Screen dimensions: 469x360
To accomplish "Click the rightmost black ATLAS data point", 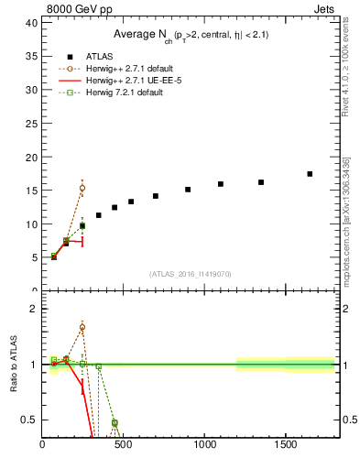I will coord(310,174).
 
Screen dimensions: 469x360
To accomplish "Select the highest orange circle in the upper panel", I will coord(82,188).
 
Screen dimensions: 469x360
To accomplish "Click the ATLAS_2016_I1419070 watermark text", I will coord(190,274).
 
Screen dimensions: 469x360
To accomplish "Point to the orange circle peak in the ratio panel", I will coord(82,327).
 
